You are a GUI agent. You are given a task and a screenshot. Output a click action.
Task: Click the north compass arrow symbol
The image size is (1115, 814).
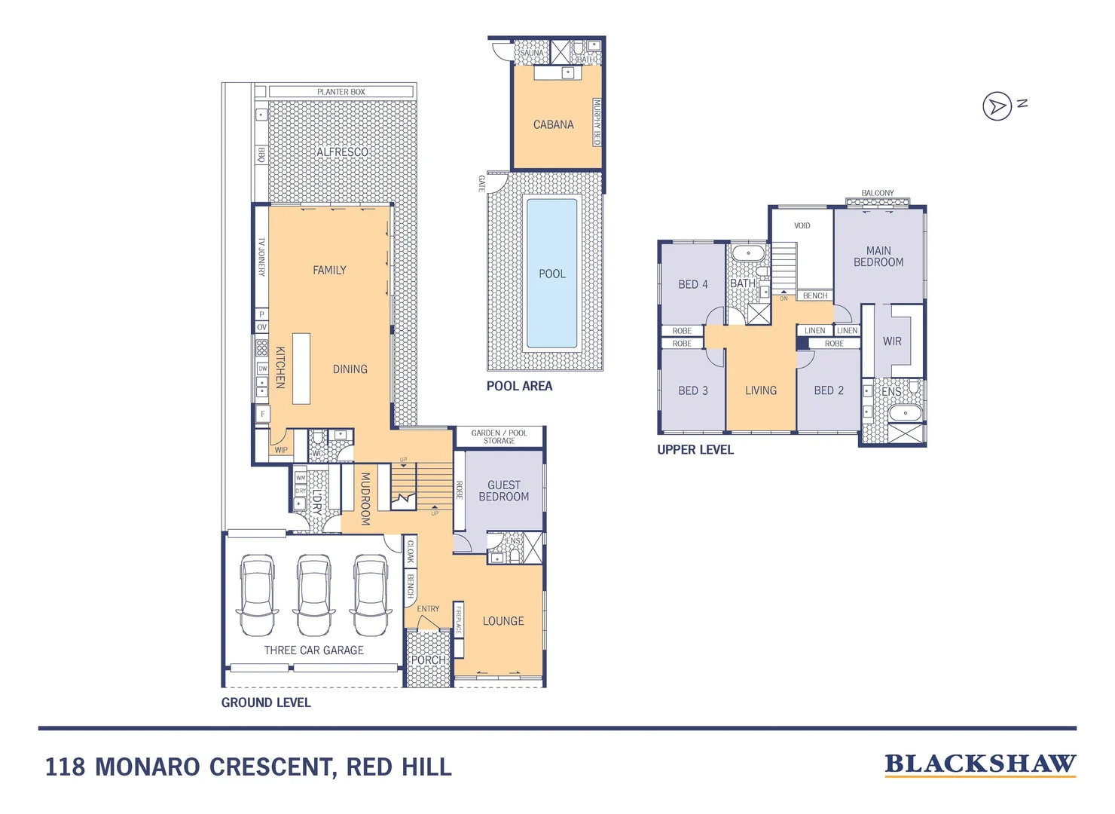tap(997, 106)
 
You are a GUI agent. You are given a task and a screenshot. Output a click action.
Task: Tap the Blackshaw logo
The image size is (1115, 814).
tap(980, 764)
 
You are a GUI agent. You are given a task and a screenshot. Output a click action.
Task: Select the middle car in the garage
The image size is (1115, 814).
tap(313, 595)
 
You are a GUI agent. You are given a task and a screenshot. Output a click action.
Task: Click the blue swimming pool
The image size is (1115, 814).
tap(551, 274)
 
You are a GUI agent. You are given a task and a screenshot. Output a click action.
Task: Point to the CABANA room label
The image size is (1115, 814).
tap(554, 125)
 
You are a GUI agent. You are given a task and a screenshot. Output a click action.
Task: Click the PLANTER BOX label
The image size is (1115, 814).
tap(341, 92)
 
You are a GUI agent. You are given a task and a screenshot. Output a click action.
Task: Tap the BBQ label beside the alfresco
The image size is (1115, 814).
tap(261, 155)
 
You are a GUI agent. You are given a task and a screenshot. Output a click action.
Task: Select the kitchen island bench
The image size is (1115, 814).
tap(301, 369)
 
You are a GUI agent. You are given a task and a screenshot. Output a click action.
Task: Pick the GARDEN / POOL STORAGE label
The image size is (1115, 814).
tap(499, 437)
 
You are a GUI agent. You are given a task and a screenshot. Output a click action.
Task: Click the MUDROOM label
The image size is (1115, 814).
tap(365, 498)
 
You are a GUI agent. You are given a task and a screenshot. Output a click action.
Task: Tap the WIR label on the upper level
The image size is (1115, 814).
tap(892, 341)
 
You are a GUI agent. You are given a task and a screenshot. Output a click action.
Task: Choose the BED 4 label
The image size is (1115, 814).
tap(692, 284)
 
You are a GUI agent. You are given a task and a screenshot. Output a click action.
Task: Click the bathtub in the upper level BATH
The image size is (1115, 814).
tap(748, 253)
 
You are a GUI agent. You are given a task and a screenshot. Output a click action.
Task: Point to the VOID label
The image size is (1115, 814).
tap(802, 225)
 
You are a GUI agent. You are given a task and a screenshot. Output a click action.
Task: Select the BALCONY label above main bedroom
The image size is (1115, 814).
tap(878, 194)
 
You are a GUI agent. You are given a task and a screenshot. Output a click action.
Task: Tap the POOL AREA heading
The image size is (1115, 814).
tap(519, 386)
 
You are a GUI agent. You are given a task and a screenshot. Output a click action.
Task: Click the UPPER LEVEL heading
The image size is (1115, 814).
tap(695, 450)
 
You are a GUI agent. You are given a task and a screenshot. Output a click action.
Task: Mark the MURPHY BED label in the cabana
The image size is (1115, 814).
tap(597, 121)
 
